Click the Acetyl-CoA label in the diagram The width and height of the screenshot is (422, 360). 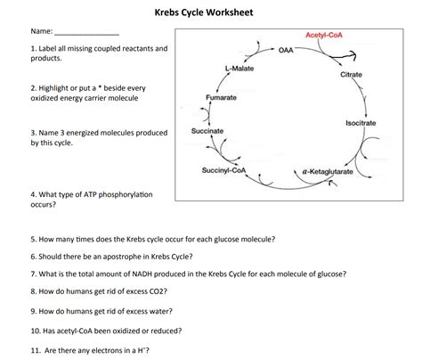click(x=325, y=35)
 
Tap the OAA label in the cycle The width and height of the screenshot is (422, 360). click(x=286, y=50)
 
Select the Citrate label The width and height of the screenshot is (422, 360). click(x=352, y=75)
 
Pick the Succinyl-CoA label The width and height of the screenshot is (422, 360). click(x=224, y=170)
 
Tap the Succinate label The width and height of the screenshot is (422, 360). click(x=207, y=131)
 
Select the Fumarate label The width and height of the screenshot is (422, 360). click(x=221, y=96)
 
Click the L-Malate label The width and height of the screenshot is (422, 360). click(x=239, y=68)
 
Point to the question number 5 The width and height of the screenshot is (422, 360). click(x=32, y=240)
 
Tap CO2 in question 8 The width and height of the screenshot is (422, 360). click(x=157, y=291)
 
